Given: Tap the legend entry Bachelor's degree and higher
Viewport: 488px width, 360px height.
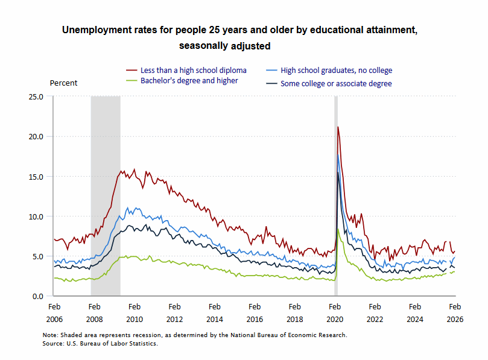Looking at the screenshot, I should pos(189,80).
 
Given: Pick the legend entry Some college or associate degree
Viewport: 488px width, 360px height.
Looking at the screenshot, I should pos(336,84).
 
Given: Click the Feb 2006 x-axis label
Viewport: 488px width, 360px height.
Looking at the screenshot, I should pos(54,313).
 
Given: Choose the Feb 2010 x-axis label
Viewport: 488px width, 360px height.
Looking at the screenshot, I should pos(135,313).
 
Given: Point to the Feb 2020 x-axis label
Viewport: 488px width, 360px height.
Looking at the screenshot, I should pos(335,313).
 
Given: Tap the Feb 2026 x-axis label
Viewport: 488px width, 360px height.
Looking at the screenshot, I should pos(455,313).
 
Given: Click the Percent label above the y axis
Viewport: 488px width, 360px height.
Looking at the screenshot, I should pos(63,83).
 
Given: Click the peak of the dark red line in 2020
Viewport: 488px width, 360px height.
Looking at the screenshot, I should pos(338,127).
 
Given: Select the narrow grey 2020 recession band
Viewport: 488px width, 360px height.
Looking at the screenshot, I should pos(336,199).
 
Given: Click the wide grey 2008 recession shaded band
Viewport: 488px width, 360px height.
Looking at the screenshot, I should pos(106,199).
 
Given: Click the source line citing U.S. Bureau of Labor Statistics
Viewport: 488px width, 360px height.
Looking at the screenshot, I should pos(100,343).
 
